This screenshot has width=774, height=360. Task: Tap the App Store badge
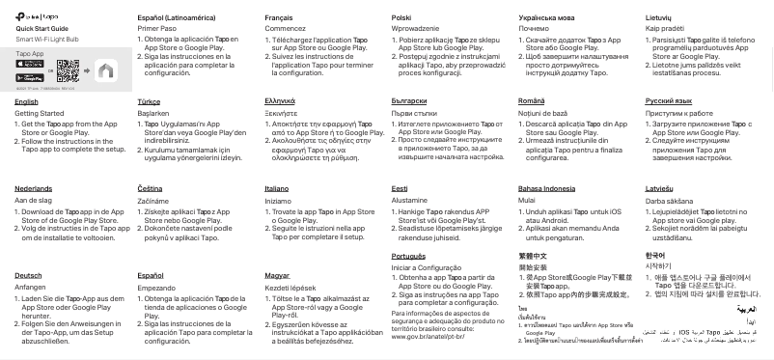[30, 64]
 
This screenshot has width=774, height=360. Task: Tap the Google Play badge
[30, 76]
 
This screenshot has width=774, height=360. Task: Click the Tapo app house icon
[106, 70]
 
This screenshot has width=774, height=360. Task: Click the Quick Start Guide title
[39, 30]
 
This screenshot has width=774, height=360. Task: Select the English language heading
[27, 100]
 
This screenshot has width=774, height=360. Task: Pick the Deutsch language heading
[29, 275]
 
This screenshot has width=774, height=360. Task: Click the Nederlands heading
[34, 188]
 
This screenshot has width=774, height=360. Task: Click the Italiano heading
[276, 188]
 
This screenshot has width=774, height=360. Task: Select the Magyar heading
[277, 275]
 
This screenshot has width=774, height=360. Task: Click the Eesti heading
[400, 188]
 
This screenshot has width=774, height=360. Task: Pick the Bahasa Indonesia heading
[546, 188]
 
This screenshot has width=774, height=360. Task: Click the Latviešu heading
[660, 188]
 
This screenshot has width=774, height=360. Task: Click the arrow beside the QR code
[87, 70]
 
